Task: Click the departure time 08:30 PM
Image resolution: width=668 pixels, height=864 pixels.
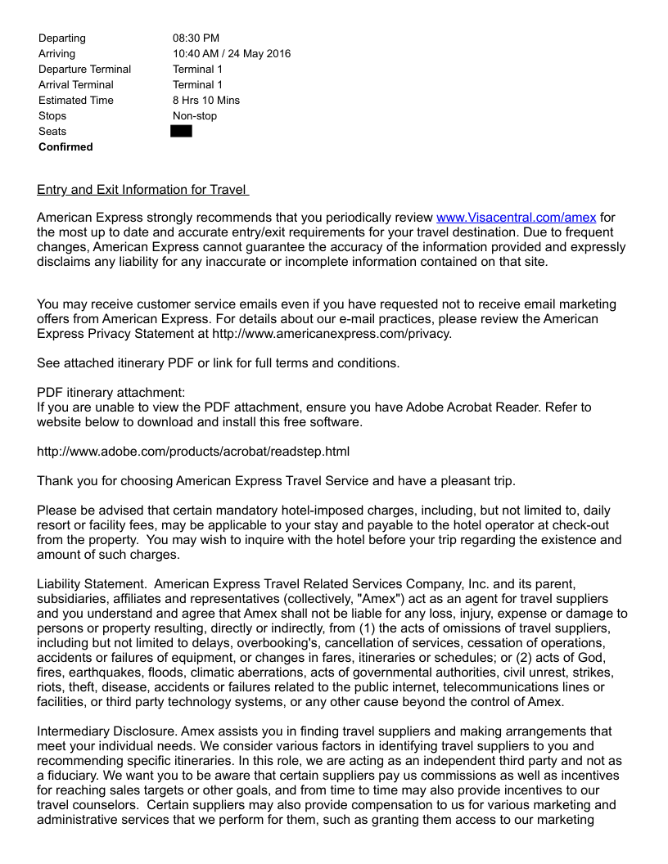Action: (x=196, y=38)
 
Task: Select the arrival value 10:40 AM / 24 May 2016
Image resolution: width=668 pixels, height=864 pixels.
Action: (x=231, y=54)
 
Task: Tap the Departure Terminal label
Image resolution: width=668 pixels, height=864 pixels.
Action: (x=84, y=70)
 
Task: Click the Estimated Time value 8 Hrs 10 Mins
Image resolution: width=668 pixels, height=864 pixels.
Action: (x=206, y=101)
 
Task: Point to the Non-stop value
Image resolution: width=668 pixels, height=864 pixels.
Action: (x=195, y=116)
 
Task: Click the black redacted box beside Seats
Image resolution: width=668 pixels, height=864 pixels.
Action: (x=181, y=131)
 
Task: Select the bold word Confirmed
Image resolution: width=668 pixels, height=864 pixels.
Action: (x=65, y=147)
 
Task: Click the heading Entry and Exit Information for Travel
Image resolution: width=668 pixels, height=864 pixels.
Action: (x=142, y=190)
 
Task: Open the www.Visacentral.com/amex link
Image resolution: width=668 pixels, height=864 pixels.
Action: (x=516, y=218)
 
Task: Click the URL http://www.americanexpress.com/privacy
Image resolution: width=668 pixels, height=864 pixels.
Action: (x=332, y=334)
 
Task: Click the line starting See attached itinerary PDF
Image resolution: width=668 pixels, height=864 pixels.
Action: (x=218, y=363)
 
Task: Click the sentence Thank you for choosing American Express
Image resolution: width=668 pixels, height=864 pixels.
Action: (x=276, y=481)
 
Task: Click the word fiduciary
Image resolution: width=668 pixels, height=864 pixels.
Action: (x=75, y=776)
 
